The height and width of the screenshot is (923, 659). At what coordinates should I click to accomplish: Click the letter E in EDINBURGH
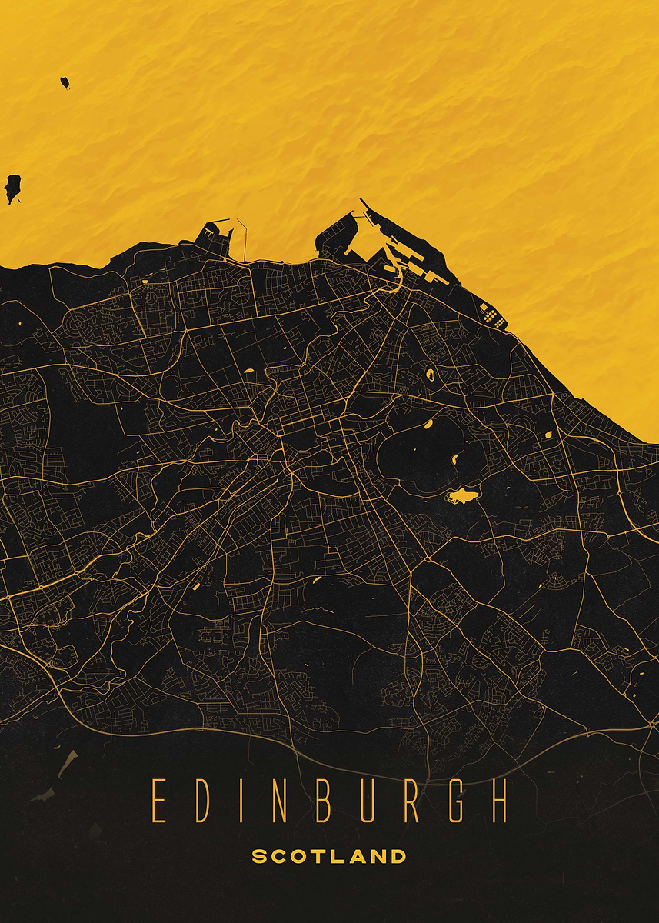coord(158,801)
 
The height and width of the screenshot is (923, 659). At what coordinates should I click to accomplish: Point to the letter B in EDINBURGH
coord(323,801)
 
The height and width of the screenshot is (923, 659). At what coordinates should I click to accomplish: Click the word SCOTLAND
coord(329,856)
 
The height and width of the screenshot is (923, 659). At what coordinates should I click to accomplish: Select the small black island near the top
coord(65,82)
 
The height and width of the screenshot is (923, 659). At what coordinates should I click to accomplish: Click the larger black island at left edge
coord(12,187)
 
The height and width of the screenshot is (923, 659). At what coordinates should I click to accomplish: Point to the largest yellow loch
coord(462,495)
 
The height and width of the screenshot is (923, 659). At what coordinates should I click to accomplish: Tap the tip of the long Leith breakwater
coord(361,202)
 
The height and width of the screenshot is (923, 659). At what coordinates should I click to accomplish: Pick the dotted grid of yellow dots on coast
coord(492,315)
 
